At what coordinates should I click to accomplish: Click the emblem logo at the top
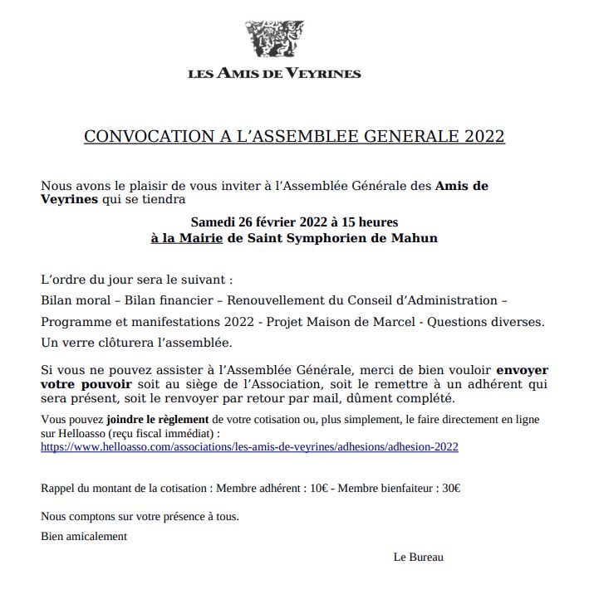[274, 39]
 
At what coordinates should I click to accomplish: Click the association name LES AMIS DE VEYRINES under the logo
[274, 73]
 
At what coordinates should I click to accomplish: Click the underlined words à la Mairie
[187, 238]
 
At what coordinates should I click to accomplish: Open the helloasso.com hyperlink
[249, 446]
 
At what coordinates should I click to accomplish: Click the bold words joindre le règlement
[158, 420]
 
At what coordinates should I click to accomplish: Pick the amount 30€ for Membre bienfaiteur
[451, 489]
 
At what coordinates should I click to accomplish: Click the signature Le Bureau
[418, 557]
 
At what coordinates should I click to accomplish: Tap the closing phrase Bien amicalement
[84, 536]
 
